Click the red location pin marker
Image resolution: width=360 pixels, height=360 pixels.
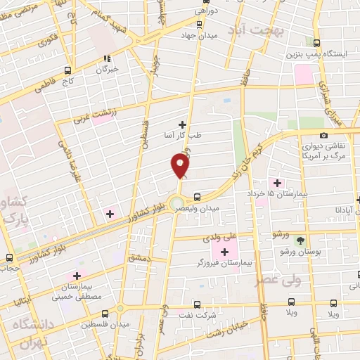coord(181,165)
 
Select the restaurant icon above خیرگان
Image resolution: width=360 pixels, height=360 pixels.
coord(107,59)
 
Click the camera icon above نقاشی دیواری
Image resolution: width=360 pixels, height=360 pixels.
coord(323,135)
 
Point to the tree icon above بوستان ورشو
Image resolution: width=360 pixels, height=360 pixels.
coord(300,240)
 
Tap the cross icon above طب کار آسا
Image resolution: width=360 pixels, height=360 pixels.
coord(183,124)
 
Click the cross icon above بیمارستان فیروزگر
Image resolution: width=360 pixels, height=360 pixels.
coord(225,252)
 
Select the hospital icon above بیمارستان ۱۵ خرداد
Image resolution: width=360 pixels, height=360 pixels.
coord(276,183)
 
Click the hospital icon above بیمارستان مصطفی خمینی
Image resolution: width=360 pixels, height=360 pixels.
coord(78,276)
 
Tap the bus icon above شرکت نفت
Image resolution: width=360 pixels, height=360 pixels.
coord(196,304)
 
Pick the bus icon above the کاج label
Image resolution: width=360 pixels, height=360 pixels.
coord(68,70)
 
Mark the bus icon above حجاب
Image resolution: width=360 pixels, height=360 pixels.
coord(9,257)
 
